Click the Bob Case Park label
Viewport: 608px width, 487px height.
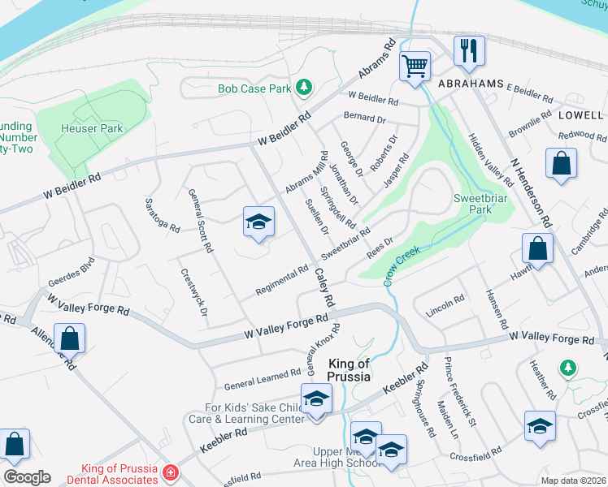[254, 88]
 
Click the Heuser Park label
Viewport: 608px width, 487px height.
[92, 128]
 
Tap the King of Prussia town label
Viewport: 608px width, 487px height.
[349, 370]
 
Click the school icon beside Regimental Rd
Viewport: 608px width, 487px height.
[258, 222]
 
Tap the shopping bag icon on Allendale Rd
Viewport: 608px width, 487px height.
[71, 339]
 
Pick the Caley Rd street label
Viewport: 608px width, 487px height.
[324, 287]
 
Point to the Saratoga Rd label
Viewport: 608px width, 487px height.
[161, 214]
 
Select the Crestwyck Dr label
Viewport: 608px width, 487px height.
[193, 291]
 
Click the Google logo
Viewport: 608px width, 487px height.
[27, 477]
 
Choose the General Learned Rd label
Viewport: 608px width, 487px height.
[263, 376]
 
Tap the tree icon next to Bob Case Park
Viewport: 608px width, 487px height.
[304, 86]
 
